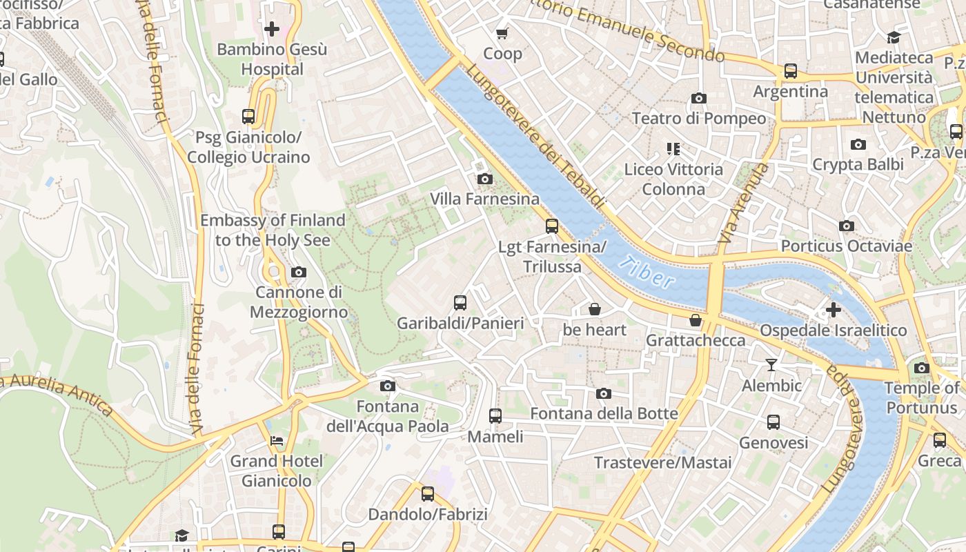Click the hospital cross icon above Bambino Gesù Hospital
272,29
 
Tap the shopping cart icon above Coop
502,33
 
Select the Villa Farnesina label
485,199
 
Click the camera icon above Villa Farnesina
485,179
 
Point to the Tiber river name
647,271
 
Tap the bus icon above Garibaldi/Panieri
460,302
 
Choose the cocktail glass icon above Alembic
771,364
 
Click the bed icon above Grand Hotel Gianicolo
277,440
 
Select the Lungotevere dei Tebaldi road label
535,138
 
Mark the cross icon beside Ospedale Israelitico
834,310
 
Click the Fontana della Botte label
604,413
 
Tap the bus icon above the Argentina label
791,71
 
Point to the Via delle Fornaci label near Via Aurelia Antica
197,369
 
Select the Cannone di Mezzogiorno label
299,302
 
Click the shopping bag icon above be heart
595,309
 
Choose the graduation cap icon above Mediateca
894,37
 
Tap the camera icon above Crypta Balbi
858,144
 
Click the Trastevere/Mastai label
662,462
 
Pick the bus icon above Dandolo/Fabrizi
428,493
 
